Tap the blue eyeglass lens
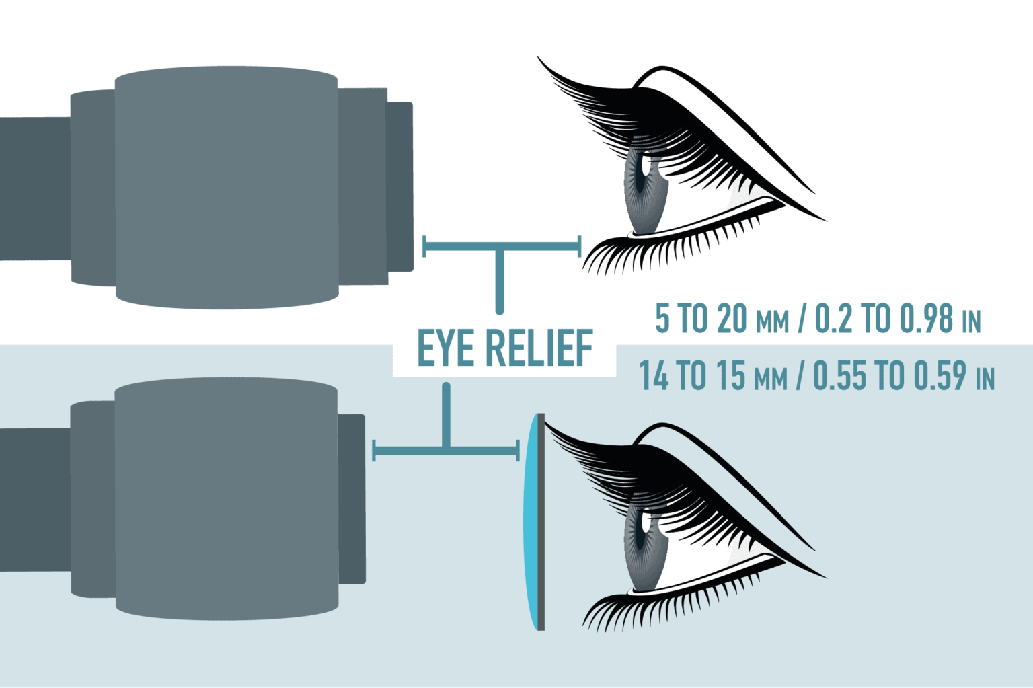532,522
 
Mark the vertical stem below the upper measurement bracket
499,282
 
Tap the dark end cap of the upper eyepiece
399,186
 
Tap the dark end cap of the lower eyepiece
352,498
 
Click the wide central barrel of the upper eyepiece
226,186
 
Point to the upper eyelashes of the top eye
605,108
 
